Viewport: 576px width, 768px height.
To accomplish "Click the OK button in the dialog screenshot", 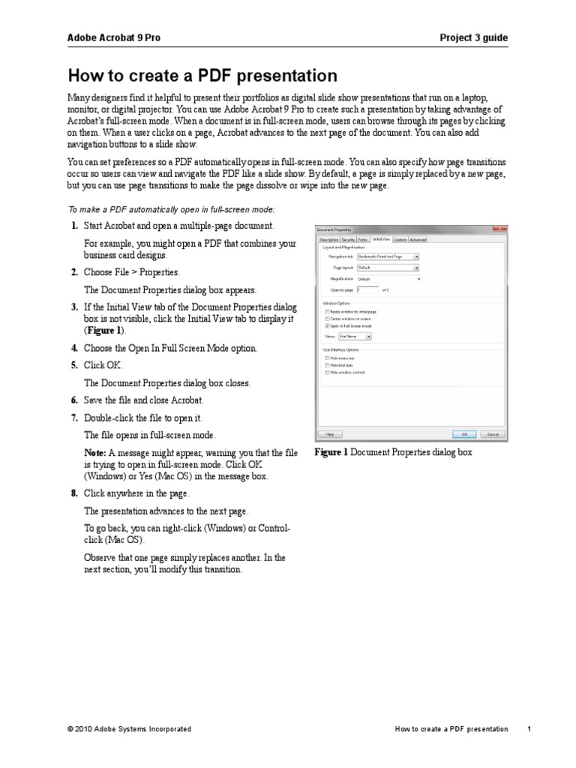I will (464, 433).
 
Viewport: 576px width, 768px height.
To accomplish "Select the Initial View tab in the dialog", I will (381, 239).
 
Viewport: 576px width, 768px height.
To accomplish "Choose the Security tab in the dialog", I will (349, 239).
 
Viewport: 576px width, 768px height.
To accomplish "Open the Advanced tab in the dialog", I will (418, 239).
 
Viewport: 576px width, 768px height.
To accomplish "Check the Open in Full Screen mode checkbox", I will (327, 326).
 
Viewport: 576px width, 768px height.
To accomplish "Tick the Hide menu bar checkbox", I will (327, 358).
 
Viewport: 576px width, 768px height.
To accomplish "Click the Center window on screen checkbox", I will (327, 319).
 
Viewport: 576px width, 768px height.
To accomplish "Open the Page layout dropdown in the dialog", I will (388, 267).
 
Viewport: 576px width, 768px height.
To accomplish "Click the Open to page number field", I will (368, 289).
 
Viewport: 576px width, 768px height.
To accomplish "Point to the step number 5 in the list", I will (74, 365).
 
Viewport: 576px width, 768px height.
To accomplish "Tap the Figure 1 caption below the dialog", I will (393, 453).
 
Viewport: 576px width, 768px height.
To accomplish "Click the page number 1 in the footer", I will (529, 729).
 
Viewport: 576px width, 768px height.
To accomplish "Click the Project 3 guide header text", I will (475, 37).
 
